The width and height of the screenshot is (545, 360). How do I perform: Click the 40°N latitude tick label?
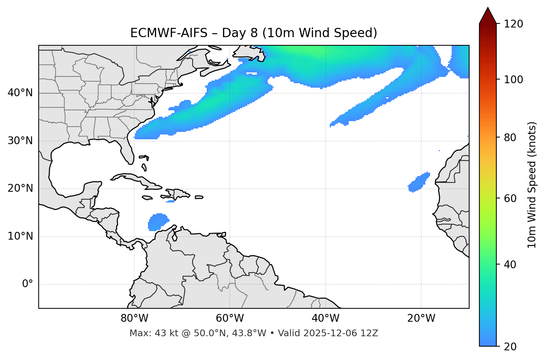tap(20, 93)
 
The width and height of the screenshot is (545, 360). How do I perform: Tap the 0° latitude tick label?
tap(27, 284)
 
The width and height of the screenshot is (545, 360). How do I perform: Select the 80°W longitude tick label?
tap(134, 318)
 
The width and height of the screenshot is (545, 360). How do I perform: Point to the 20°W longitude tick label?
tap(421, 318)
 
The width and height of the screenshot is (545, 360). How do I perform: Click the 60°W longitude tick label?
tap(230, 318)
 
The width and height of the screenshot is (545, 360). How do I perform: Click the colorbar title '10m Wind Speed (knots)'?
tap(532, 185)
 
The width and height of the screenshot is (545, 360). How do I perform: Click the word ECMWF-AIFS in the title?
tap(168, 33)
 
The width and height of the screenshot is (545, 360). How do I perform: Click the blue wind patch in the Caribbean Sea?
tap(158, 222)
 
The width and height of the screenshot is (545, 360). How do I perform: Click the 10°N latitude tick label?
tap(20, 236)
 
